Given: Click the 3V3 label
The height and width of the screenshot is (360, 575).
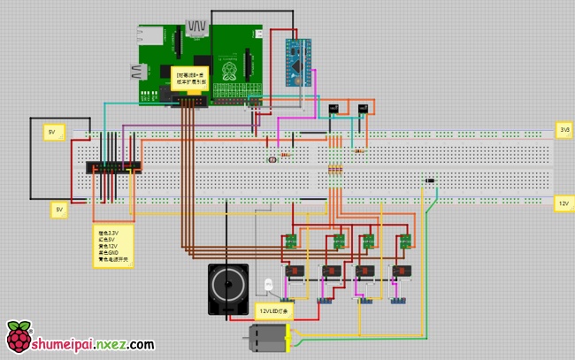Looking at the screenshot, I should (x=563, y=129).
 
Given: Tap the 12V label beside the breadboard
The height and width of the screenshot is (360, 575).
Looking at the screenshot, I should (x=563, y=203).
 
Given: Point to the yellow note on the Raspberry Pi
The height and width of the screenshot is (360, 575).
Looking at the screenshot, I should (x=191, y=77).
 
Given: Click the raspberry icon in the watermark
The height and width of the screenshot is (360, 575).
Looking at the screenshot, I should (x=17, y=337).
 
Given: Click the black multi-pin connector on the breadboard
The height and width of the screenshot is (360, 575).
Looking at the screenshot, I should (x=113, y=166).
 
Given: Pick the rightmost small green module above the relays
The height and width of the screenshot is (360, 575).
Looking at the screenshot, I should (x=403, y=241).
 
